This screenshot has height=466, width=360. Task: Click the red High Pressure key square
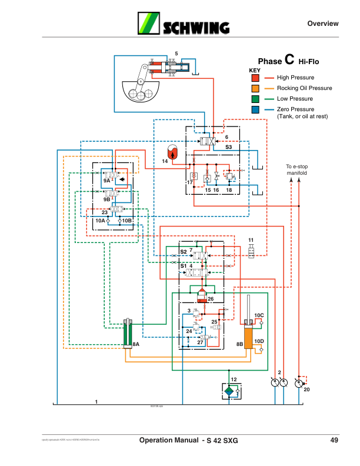[255, 78]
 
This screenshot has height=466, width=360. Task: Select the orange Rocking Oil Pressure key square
[255, 88]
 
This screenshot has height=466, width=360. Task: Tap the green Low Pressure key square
[255, 99]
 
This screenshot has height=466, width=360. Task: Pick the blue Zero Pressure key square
[255, 109]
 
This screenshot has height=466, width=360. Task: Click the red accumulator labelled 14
[172, 150]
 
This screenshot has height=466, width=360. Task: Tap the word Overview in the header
[323, 24]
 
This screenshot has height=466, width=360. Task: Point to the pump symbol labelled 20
[300, 384]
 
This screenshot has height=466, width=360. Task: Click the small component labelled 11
[251, 252]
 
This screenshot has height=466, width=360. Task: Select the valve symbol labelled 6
[206, 142]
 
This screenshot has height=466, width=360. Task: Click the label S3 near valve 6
[228, 147]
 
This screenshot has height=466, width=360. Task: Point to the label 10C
[259, 315]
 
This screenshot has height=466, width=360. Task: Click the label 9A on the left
[107, 181]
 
